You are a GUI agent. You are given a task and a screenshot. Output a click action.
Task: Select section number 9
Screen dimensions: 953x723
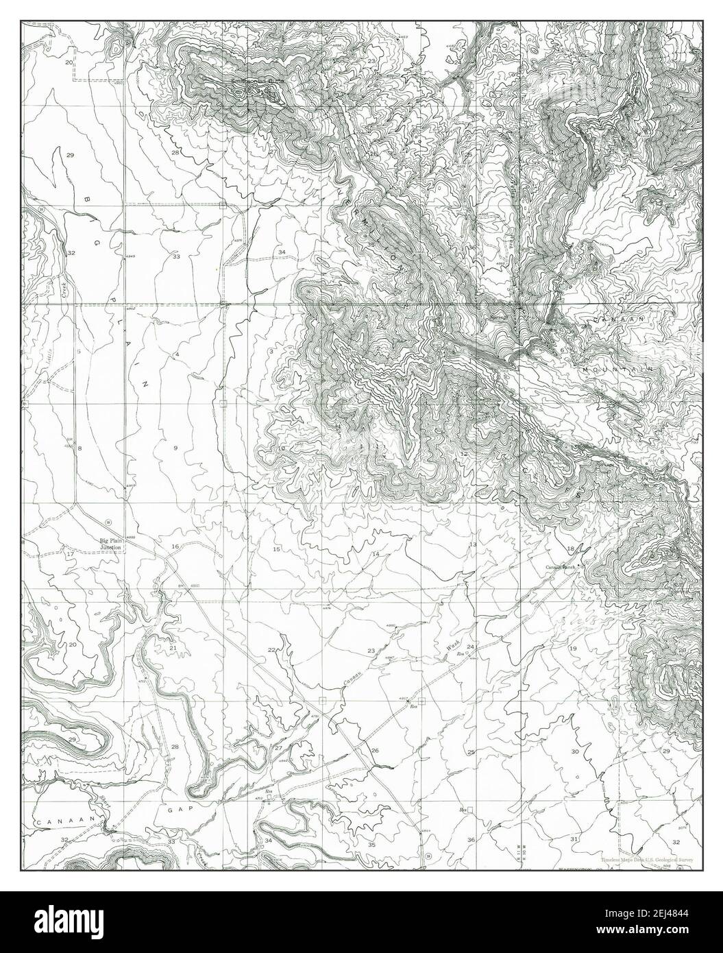tap(175, 448)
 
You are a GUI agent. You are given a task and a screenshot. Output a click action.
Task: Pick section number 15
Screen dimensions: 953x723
tap(276, 550)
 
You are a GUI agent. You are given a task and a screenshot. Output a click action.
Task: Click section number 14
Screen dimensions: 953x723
tap(376, 553)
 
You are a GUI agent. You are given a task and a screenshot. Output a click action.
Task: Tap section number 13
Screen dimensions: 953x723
tap(472, 544)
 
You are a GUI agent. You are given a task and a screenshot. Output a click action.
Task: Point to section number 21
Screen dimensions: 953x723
tap(173, 647)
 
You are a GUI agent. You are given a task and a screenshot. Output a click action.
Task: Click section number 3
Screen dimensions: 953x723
tap(271, 351)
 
